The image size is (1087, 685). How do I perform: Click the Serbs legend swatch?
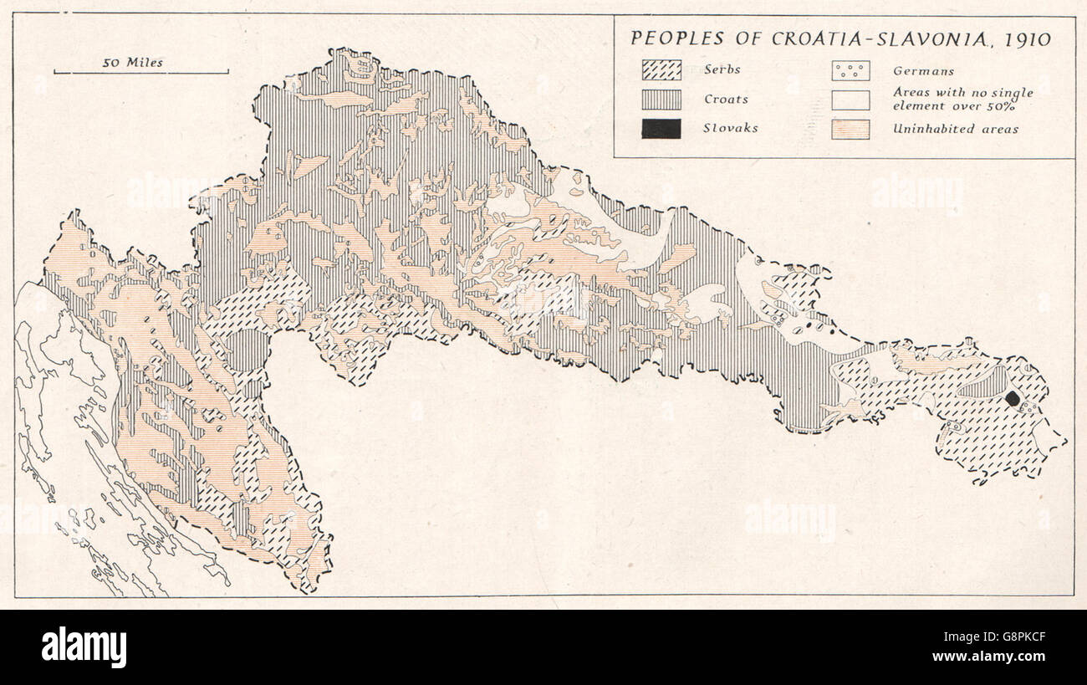[x=661, y=70]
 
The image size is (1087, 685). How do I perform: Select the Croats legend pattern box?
[x=661, y=100]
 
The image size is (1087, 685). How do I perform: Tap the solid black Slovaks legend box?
[x=661, y=129]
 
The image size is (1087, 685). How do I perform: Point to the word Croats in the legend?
[x=725, y=100]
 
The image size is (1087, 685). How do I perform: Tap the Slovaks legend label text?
[x=730, y=129]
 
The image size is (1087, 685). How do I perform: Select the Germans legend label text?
[x=923, y=71]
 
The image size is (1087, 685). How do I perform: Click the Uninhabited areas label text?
[x=955, y=130]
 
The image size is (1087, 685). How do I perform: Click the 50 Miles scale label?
[x=133, y=62]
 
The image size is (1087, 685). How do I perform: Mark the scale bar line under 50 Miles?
[x=141, y=73]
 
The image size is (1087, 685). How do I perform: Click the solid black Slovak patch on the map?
[x=1013, y=399]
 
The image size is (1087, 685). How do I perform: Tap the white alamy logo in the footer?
[x=84, y=647]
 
